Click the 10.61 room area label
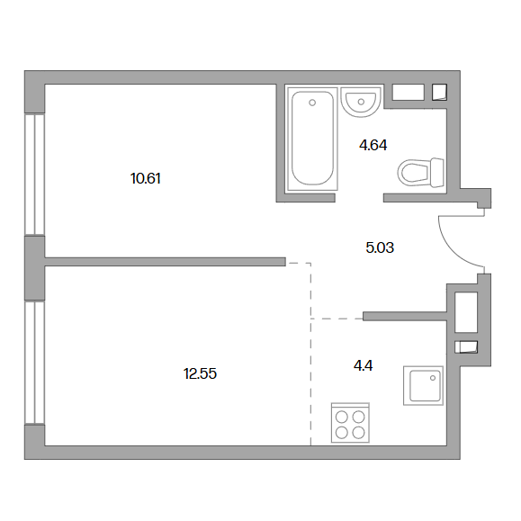tap(146, 179)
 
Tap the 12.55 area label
tap(200, 373)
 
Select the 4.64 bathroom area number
tap(373, 146)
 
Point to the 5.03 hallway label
tap(380, 247)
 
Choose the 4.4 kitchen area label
tap(364, 366)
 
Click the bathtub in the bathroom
tap(312, 139)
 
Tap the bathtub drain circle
tap(312, 103)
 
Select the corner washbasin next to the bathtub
tap(361, 102)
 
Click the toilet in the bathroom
tap(421, 172)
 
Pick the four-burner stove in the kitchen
tap(351, 423)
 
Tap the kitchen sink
tap(423, 386)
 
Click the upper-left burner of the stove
tap(342, 417)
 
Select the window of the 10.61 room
tap(34, 175)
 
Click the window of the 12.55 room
tap(34, 363)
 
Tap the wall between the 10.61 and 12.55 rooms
tap(166, 262)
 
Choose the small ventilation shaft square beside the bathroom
tap(439, 93)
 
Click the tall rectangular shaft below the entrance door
tap(466, 312)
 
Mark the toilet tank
tap(436, 172)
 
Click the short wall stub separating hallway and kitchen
tap(405, 317)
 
